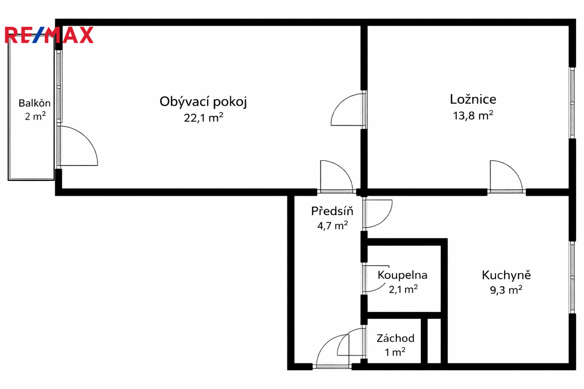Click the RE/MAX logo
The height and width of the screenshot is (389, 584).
click(x=49, y=35)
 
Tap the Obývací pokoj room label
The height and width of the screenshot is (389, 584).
click(x=204, y=102)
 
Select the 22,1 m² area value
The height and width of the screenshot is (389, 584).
click(x=204, y=117)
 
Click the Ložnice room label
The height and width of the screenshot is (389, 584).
click(x=473, y=99)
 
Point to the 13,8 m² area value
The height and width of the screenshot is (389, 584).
click(x=473, y=116)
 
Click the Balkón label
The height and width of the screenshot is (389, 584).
click(x=35, y=103)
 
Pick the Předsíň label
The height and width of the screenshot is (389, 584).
click(x=332, y=211)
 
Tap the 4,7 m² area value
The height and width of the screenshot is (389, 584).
click(x=332, y=225)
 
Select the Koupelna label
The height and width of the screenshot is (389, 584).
click(x=402, y=275)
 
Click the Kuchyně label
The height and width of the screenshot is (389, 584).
click(x=506, y=275)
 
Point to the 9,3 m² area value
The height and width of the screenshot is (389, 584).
click(x=506, y=290)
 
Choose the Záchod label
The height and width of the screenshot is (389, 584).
click(x=396, y=338)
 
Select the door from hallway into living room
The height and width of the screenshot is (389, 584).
click(x=336, y=176)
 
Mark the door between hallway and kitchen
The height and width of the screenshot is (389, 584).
click(x=378, y=214)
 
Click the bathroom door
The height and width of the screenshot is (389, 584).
click(x=375, y=278)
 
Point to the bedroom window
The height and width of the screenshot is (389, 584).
click(x=573, y=103)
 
